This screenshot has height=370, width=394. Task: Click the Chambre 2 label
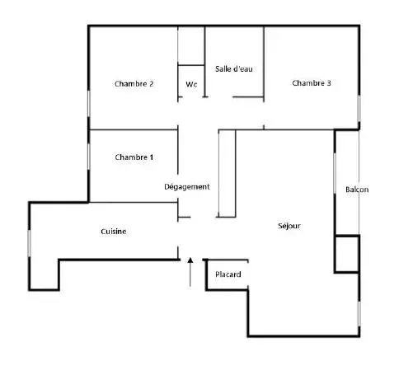(134, 83)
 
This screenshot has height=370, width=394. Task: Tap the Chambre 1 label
(134, 157)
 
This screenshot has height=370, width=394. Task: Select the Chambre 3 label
(312, 83)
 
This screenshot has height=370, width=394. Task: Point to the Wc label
(191, 84)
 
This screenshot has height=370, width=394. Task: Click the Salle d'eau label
(234, 68)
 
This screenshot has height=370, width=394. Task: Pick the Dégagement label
(187, 187)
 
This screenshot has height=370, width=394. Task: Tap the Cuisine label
(114, 232)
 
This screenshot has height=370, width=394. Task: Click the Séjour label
(289, 226)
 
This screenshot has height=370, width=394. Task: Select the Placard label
(228, 274)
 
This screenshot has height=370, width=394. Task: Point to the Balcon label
(357, 190)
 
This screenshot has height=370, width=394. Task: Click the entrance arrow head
(190, 260)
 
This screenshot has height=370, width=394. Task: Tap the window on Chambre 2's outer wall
(89, 103)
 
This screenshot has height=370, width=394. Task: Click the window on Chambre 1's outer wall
(89, 157)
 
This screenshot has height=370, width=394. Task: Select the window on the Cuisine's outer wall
(29, 243)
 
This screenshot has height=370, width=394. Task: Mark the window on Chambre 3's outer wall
(359, 108)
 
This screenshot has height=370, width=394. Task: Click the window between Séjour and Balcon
(335, 173)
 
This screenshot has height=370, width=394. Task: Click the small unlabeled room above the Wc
(191, 45)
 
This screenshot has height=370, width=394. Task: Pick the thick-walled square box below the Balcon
(347, 254)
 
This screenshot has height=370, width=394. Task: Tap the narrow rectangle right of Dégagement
(227, 173)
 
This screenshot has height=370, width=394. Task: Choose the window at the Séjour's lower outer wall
(359, 314)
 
